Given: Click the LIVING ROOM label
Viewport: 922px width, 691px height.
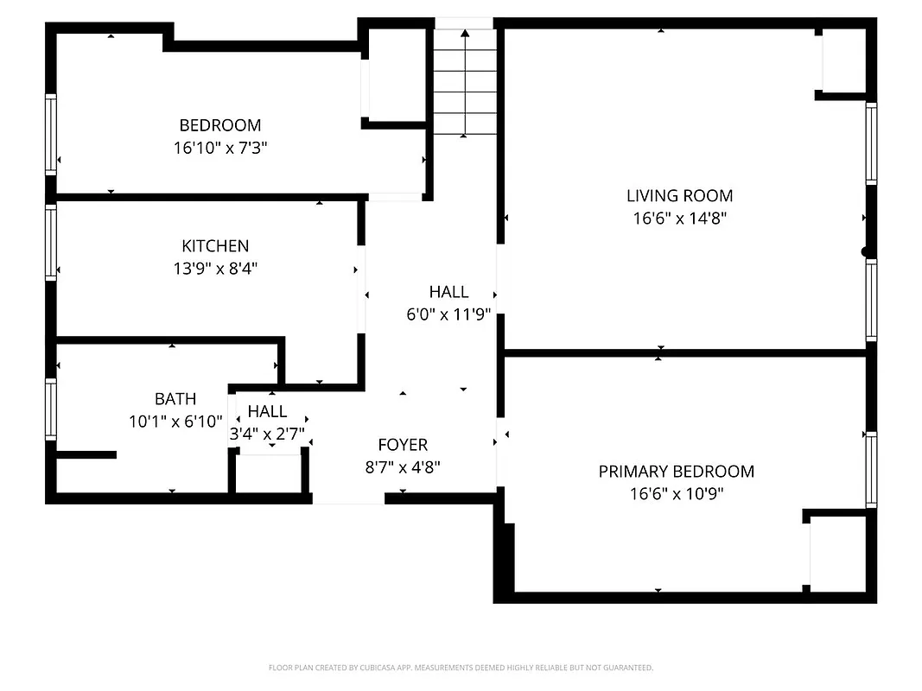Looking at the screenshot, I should pyautogui.click(x=679, y=196).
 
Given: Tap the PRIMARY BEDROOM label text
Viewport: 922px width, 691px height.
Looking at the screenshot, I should pyautogui.click(x=676, y=472).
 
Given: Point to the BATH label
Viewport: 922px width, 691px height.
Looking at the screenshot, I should pyautogui.click(x=175, y=399).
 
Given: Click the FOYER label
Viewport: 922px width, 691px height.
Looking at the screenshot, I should pyautogui.click(x=403, y=446).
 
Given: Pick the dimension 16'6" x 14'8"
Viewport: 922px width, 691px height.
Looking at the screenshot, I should pyautogui.click(x=679, y=219).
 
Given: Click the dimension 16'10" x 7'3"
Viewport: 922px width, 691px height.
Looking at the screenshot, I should pyautogui.click(x=219, y=148).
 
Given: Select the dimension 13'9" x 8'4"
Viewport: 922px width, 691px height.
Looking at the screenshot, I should pyautogui.click(x=215, y=269).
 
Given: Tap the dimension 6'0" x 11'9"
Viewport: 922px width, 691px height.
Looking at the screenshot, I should pyautogui.click(x=448, y=314).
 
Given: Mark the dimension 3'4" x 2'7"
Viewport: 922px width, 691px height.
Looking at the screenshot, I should pyautogui.click(x=267, y=434).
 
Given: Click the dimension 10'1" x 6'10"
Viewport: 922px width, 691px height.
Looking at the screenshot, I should pyautogui.click(x=175, y=422).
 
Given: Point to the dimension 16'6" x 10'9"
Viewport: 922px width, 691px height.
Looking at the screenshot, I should pyautogui.click(x=676, y=494).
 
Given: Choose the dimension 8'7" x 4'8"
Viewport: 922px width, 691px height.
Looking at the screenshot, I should pyautogui.click(x=403, y=468).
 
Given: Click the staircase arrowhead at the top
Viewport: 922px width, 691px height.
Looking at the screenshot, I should pyautogui.click(x=465, y=34).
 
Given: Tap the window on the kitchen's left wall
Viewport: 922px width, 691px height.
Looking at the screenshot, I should pyautogui.click(x=51, y=242).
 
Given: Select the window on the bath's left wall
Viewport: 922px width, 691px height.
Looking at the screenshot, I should pyautogui.click(x=51, y=409).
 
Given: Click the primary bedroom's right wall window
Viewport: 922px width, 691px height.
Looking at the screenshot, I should pyautogui.click(x=871, y=469).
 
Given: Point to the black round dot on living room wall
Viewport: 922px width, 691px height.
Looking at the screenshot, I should pyautogui.click(x=865, y=252).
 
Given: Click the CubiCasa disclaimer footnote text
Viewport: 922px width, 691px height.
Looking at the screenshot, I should pyautogui.click(x=461, y=668).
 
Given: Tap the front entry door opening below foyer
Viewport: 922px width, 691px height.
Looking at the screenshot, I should pyautogui.click(x=348, y=498).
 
